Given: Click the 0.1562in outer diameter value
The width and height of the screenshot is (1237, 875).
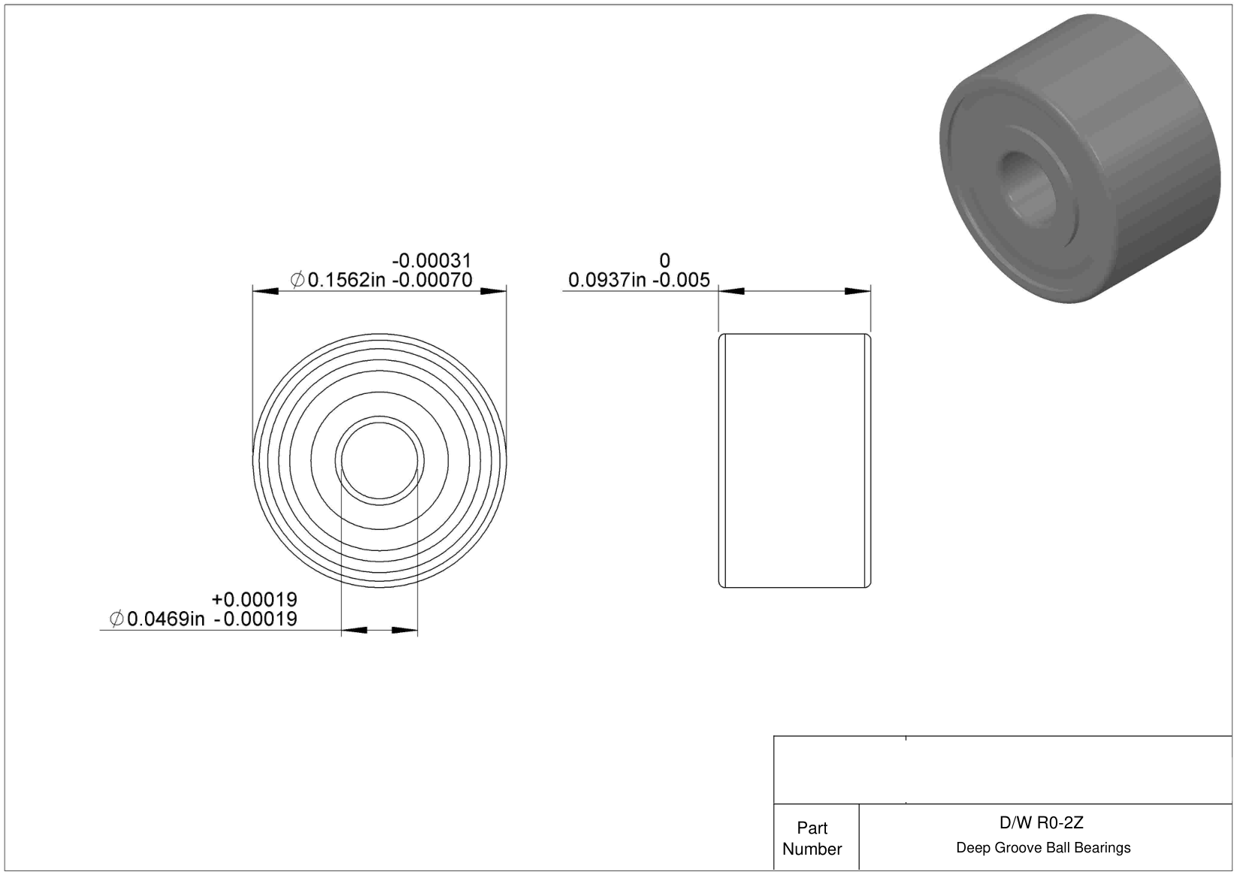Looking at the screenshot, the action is (346, 280).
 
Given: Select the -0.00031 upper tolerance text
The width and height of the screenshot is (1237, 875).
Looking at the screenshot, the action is (431, 260).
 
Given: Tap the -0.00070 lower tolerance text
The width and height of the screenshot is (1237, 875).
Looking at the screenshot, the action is (432, 280).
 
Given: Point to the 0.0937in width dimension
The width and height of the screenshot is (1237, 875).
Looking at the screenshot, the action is (607, 280).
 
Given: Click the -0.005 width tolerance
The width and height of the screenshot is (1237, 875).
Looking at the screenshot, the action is (681, 280).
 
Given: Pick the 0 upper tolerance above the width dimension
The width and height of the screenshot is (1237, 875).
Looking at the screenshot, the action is (665, 260).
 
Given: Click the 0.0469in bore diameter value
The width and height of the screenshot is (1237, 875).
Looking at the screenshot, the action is (165, 619).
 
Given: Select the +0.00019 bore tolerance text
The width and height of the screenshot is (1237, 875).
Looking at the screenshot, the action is (255, 599).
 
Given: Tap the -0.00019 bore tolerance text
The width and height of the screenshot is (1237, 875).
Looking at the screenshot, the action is (256, 619).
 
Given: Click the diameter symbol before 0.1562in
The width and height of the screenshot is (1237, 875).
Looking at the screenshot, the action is (297, 280).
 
